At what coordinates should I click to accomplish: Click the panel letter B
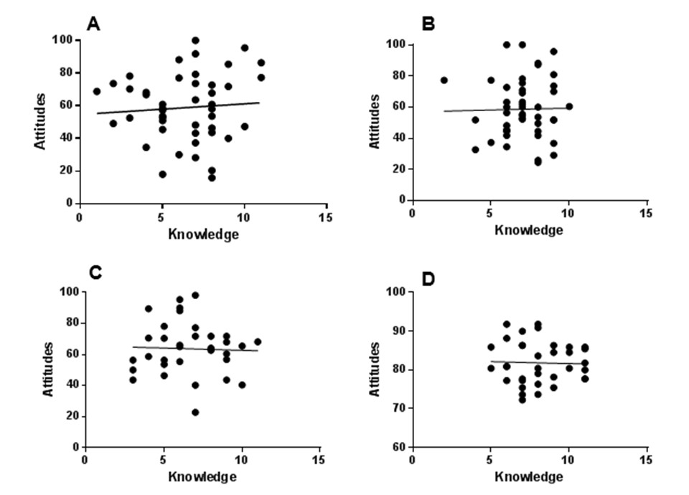coord(429,24)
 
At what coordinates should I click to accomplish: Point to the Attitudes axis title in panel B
coord(375,122)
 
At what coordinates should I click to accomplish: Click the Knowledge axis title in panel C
coord(203,476)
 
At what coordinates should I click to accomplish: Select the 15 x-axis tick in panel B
coord(645,213)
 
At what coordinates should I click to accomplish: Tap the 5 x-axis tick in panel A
coord(162,218)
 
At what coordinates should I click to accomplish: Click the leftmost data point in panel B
coord(444,80)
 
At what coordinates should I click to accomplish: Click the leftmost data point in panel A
coord(97,91)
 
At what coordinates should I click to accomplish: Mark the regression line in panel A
coord(179,108)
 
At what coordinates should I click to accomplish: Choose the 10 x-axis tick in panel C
coord(241,461)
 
